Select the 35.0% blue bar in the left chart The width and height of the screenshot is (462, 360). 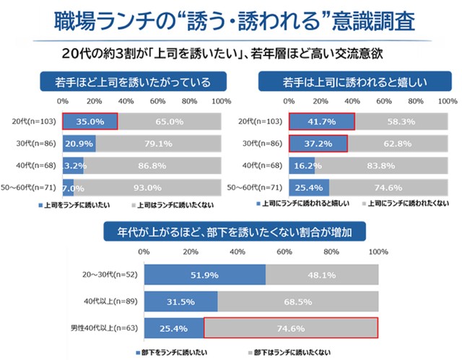90,121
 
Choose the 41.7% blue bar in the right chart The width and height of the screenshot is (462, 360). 321,121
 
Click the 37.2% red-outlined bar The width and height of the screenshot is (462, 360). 318,144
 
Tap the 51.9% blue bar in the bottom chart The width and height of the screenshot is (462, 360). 205,275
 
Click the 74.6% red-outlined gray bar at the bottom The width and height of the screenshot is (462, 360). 292,328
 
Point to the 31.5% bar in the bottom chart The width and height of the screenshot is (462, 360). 180,302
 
